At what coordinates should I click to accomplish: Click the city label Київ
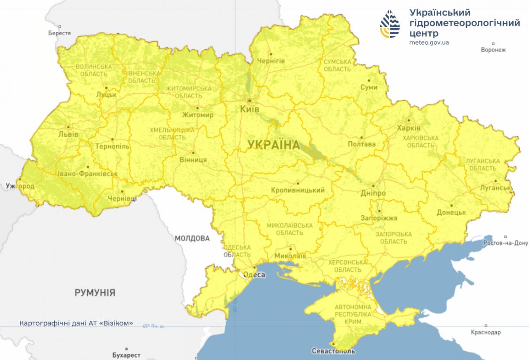click(x=250, y=109)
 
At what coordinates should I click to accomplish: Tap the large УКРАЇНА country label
click(x=273, y=144)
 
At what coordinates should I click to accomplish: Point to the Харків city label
click(x=409, y=128)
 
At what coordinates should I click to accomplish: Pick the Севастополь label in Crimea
click(x=333, y=352)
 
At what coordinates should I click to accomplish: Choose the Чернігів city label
click(x=271, y=60)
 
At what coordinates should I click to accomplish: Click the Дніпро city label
click(x=373, y=194)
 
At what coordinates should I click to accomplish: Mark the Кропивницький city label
click(x=299, y=191)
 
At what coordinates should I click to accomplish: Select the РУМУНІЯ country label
click(x=95, y=292)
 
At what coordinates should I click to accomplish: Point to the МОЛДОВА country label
click(x=192, y=238)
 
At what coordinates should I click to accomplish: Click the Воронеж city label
click(x=493, y=50)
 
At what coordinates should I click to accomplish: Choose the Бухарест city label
click(x=126, y=355)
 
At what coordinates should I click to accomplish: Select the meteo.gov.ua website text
click(x=429, y=42)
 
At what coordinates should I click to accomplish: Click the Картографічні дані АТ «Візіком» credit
click(x=76, y=323)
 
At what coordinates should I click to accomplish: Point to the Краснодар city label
click(x=485, y=332)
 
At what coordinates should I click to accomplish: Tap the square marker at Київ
click(x=250, y=100)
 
